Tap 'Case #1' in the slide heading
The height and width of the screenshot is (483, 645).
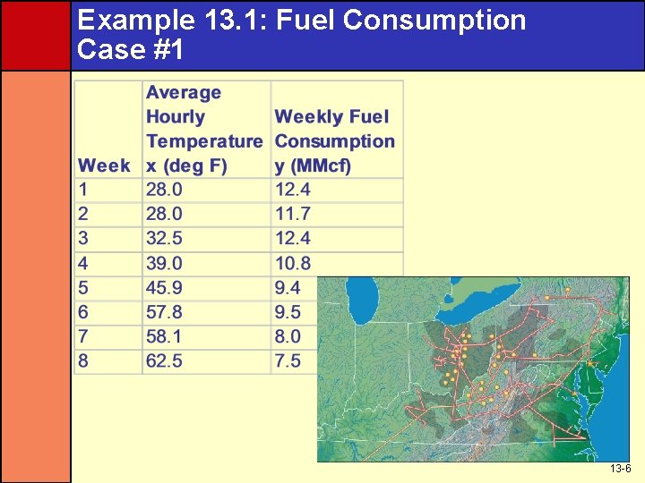[x=131, y=49]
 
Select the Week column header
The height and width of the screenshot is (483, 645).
[x=104, y=165]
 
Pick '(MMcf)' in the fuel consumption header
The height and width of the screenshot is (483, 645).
[x=313, y=165]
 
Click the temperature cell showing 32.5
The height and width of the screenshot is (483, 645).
[x=164, y=239]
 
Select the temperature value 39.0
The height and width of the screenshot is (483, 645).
[x=164, y=263]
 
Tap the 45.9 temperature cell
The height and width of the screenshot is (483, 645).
[x=164, y=288]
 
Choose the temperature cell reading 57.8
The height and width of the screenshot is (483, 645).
[x=164, y=312]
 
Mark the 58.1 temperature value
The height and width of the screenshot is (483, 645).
[x=164, y=337]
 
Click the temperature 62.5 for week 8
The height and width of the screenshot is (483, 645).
[x=164, y=361]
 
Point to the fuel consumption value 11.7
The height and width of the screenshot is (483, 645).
[x=292, y=214]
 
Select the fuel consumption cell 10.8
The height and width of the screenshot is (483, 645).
[x=292, y=263]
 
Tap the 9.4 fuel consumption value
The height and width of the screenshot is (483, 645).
[x=288, y=288]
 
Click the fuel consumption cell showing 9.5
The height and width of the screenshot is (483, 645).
[x=288, y=312]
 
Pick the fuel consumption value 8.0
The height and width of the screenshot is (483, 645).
[x=288, y=337]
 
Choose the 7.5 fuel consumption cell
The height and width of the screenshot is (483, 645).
[x=288, y=361]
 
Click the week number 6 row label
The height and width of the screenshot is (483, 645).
[x=83, y=312]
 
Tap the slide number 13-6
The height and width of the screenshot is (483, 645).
[x=620, y=469]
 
